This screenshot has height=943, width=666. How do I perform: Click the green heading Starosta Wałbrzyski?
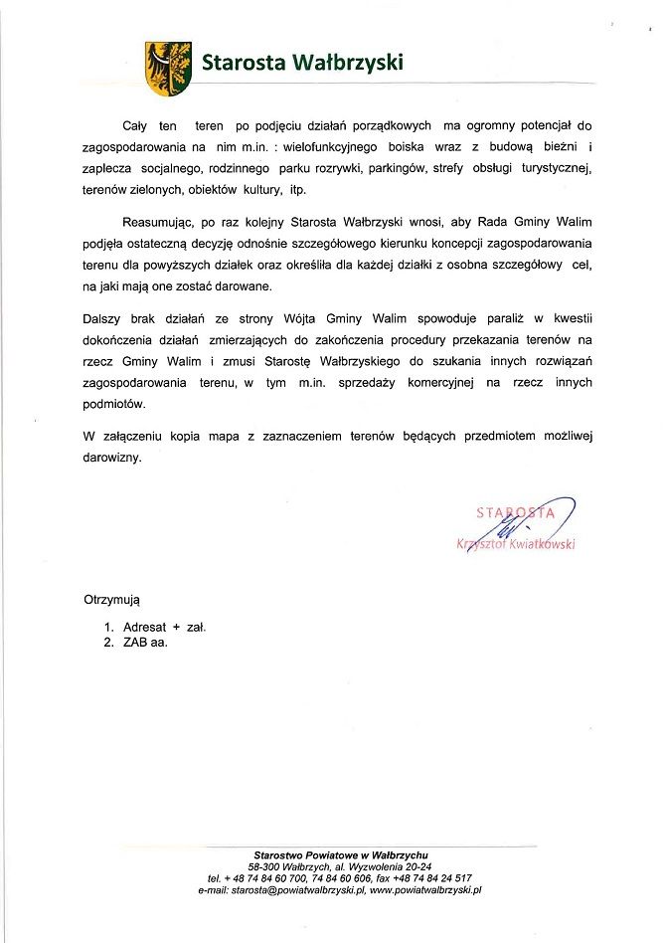pyautogui.click(x=302, y=63)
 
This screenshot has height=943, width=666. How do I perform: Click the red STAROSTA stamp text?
pyautogui.click(x=515, y=513)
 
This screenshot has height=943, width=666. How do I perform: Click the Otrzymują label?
pyautogui.click(x=112, y=601)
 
